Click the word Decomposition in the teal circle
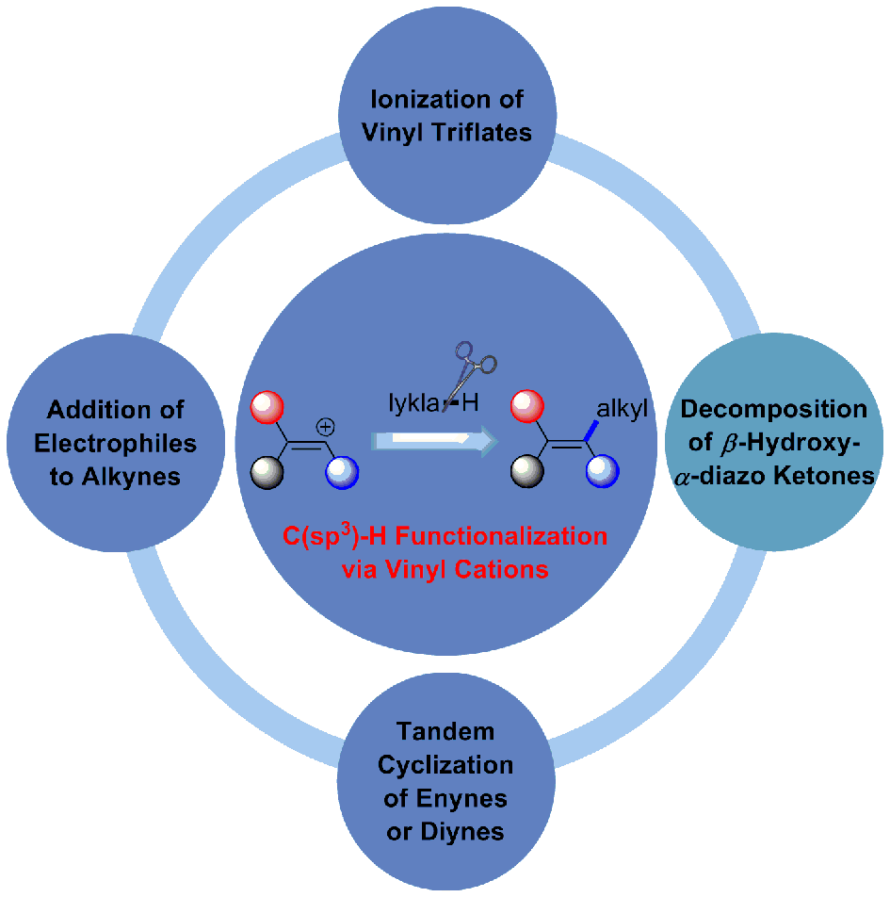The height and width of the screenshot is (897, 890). point(773,410)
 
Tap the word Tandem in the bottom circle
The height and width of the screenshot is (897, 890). point(445,731)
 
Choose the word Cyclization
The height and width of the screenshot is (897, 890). point(445,764)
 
